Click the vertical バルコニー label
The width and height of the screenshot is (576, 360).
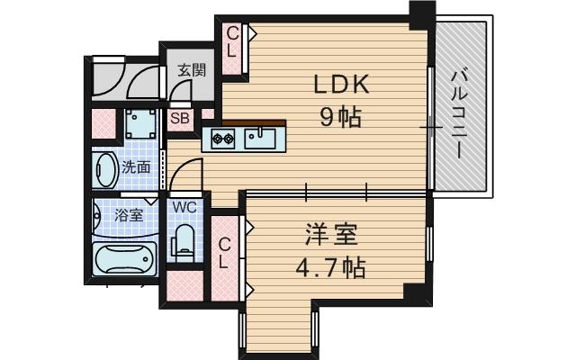(459, 110)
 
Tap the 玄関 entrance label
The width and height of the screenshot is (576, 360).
(190, 69)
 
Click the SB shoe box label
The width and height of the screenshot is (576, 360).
(179, 117)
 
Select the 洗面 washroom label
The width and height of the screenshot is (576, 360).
(137, 167)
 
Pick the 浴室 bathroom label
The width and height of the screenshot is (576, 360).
(128, 215)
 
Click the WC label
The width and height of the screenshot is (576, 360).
(184, 207)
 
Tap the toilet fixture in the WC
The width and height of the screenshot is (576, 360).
(184, 241)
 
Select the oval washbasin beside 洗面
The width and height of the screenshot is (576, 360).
(103, 168)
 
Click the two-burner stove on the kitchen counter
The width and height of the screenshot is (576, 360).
(224, 139)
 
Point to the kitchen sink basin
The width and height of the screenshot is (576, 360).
(265, 138)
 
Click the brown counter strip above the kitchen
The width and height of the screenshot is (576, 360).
(254, 123)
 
